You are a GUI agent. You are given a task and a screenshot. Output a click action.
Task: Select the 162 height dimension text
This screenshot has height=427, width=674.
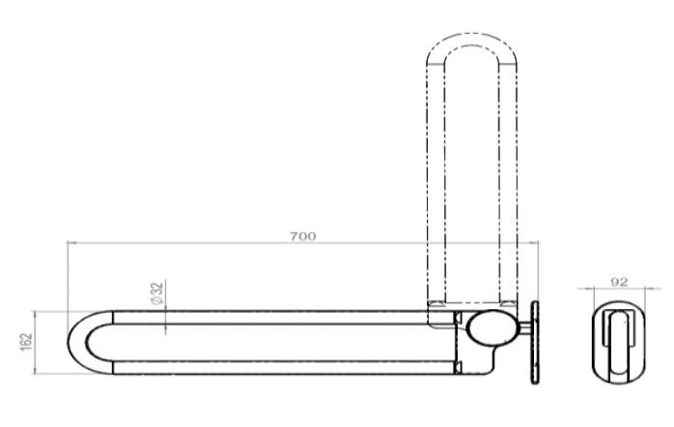point(26,342)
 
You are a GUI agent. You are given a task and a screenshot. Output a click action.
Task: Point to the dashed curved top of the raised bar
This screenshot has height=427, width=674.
point(470,43)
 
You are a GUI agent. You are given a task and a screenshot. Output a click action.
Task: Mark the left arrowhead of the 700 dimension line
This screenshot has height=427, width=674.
point(71,244)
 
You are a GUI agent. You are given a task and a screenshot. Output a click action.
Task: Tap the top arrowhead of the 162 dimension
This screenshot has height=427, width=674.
point(35,314)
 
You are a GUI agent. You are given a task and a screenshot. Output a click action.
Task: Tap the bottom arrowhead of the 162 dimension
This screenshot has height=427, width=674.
point(35,373)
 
